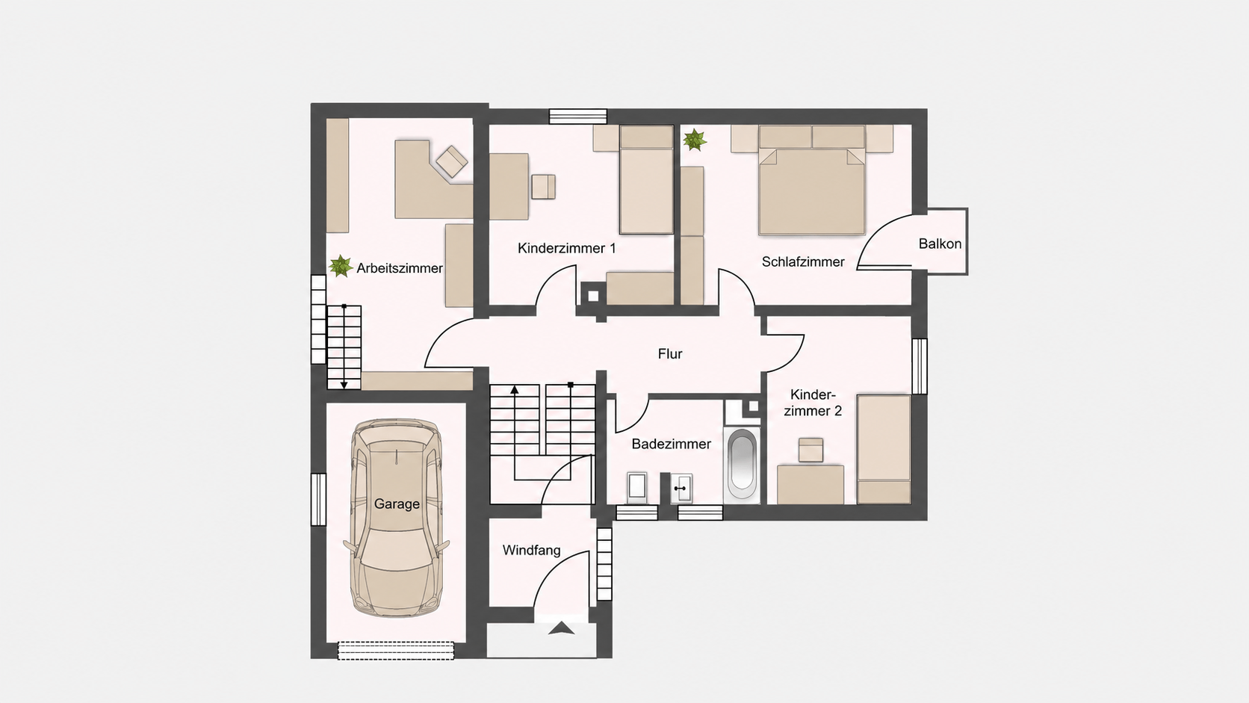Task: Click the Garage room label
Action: [x=397, y=504]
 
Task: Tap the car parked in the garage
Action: [x=397, y=518]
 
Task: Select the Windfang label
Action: [x=531, y=551]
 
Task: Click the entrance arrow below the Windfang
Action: [x=562, y=628]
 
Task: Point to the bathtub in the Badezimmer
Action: [x=742, y=465]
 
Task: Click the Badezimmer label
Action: [x=672, y=444]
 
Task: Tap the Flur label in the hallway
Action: [x=669, y=353]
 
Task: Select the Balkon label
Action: [x=940, y=244]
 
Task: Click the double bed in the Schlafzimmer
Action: [x=812, y=180]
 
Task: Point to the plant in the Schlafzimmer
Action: [x=695, y=140]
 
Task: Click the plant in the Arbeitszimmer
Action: [x=340, y=266]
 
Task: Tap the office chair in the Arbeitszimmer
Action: [x=452, y=161]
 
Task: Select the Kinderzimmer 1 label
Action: [x=566, y=248]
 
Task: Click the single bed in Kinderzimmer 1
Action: [x=646, y=179]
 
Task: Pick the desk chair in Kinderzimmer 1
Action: [x=543, y=187]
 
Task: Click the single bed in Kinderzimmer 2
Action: [x=884, y=449]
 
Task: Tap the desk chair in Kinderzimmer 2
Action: [x=811, y=450]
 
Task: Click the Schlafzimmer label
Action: [x=803, y=261]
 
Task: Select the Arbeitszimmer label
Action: [x=400, y=268]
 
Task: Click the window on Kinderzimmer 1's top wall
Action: [x=577, y=116]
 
